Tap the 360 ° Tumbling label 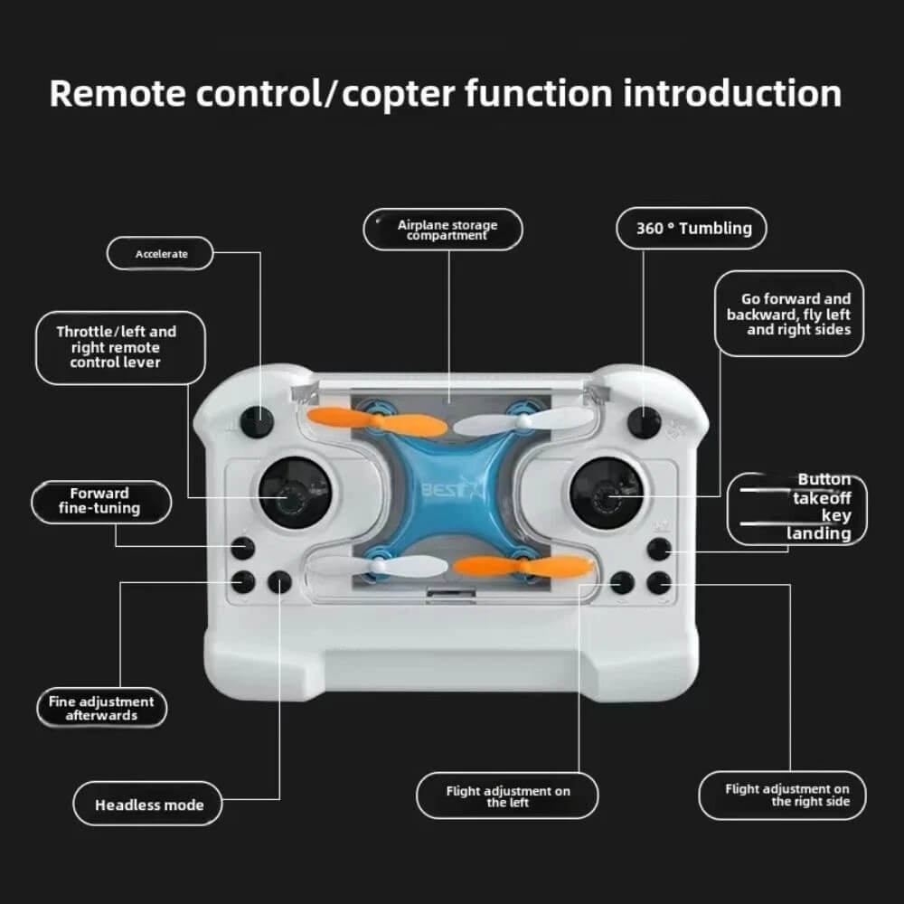[692, 229]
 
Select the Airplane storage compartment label [443, 230]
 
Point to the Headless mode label [147, 804]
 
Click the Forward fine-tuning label [101, 502]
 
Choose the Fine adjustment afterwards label [101, 708]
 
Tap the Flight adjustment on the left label [507, 796]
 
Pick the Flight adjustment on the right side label [782, 795]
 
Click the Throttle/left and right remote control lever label [120, 348]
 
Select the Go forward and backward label [789, 314]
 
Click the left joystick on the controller [294, 493]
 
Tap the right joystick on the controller [606, 494]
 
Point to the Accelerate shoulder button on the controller [257, 421]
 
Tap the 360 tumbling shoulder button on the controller [644, 422]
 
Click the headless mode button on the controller [279, 583]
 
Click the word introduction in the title [732, 93]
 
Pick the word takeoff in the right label [822, 497]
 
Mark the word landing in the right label [819, 533]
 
